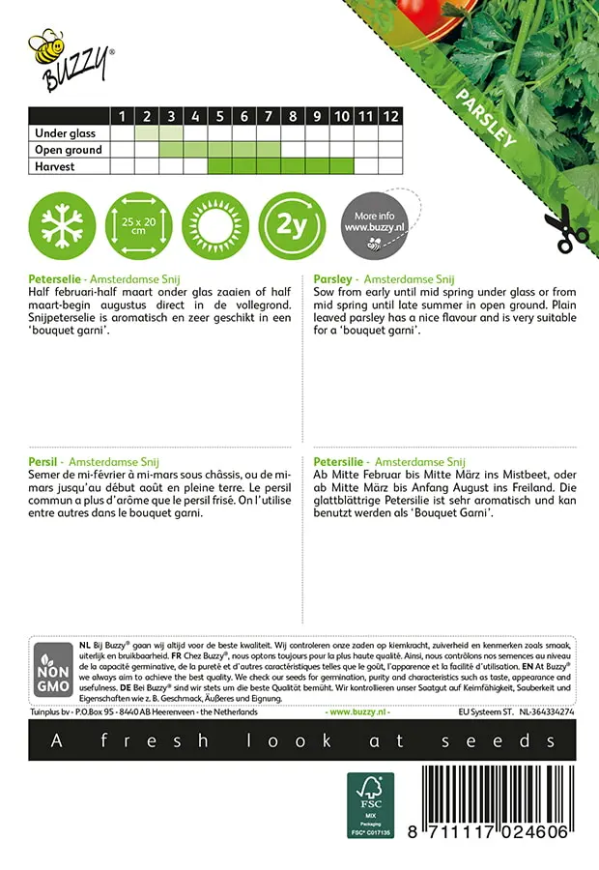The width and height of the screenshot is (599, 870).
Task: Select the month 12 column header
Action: pos(389,116)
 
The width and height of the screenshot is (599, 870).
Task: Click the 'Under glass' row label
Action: pos(65,133)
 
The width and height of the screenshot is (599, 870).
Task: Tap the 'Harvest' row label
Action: pos(55,166)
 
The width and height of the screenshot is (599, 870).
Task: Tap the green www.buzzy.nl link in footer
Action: pos(358,711)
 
